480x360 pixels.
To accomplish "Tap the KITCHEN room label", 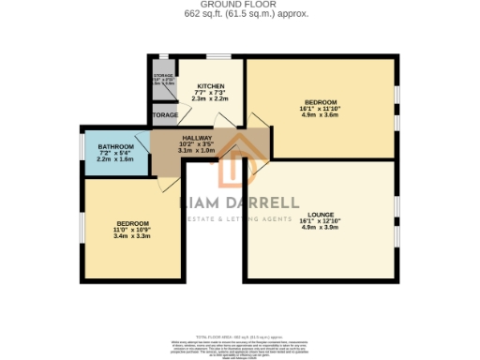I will [210, 85].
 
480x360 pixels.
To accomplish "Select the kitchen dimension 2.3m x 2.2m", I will [210, 98].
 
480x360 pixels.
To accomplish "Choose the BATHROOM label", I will [116, 146].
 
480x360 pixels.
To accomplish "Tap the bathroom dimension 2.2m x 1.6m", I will [116, 159].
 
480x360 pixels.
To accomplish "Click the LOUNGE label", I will [320, 214].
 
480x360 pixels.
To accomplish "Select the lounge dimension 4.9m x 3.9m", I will [320, 227].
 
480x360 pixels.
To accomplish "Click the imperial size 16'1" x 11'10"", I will [320, 109].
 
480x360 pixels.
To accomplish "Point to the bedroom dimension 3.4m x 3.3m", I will [133, 236].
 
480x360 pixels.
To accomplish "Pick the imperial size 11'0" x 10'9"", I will [133, 230].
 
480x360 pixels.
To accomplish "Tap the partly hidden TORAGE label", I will [165, 115].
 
